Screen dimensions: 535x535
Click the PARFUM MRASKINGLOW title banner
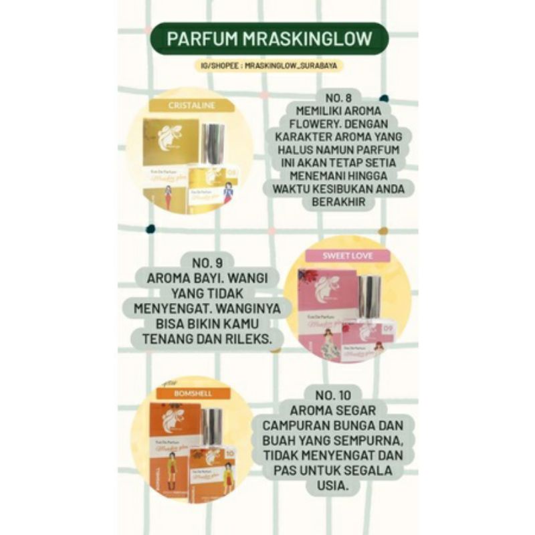click(x=268, y=38)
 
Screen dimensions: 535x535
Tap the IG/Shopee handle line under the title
click(x=267, y=67)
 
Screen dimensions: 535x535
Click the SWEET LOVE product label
click(x=348, y=255)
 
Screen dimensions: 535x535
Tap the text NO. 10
click(x=343, y=394)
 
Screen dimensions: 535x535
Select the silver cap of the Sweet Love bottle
click(x=369, y=296)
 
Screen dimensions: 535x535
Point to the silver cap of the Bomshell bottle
click(x=211, y=425)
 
